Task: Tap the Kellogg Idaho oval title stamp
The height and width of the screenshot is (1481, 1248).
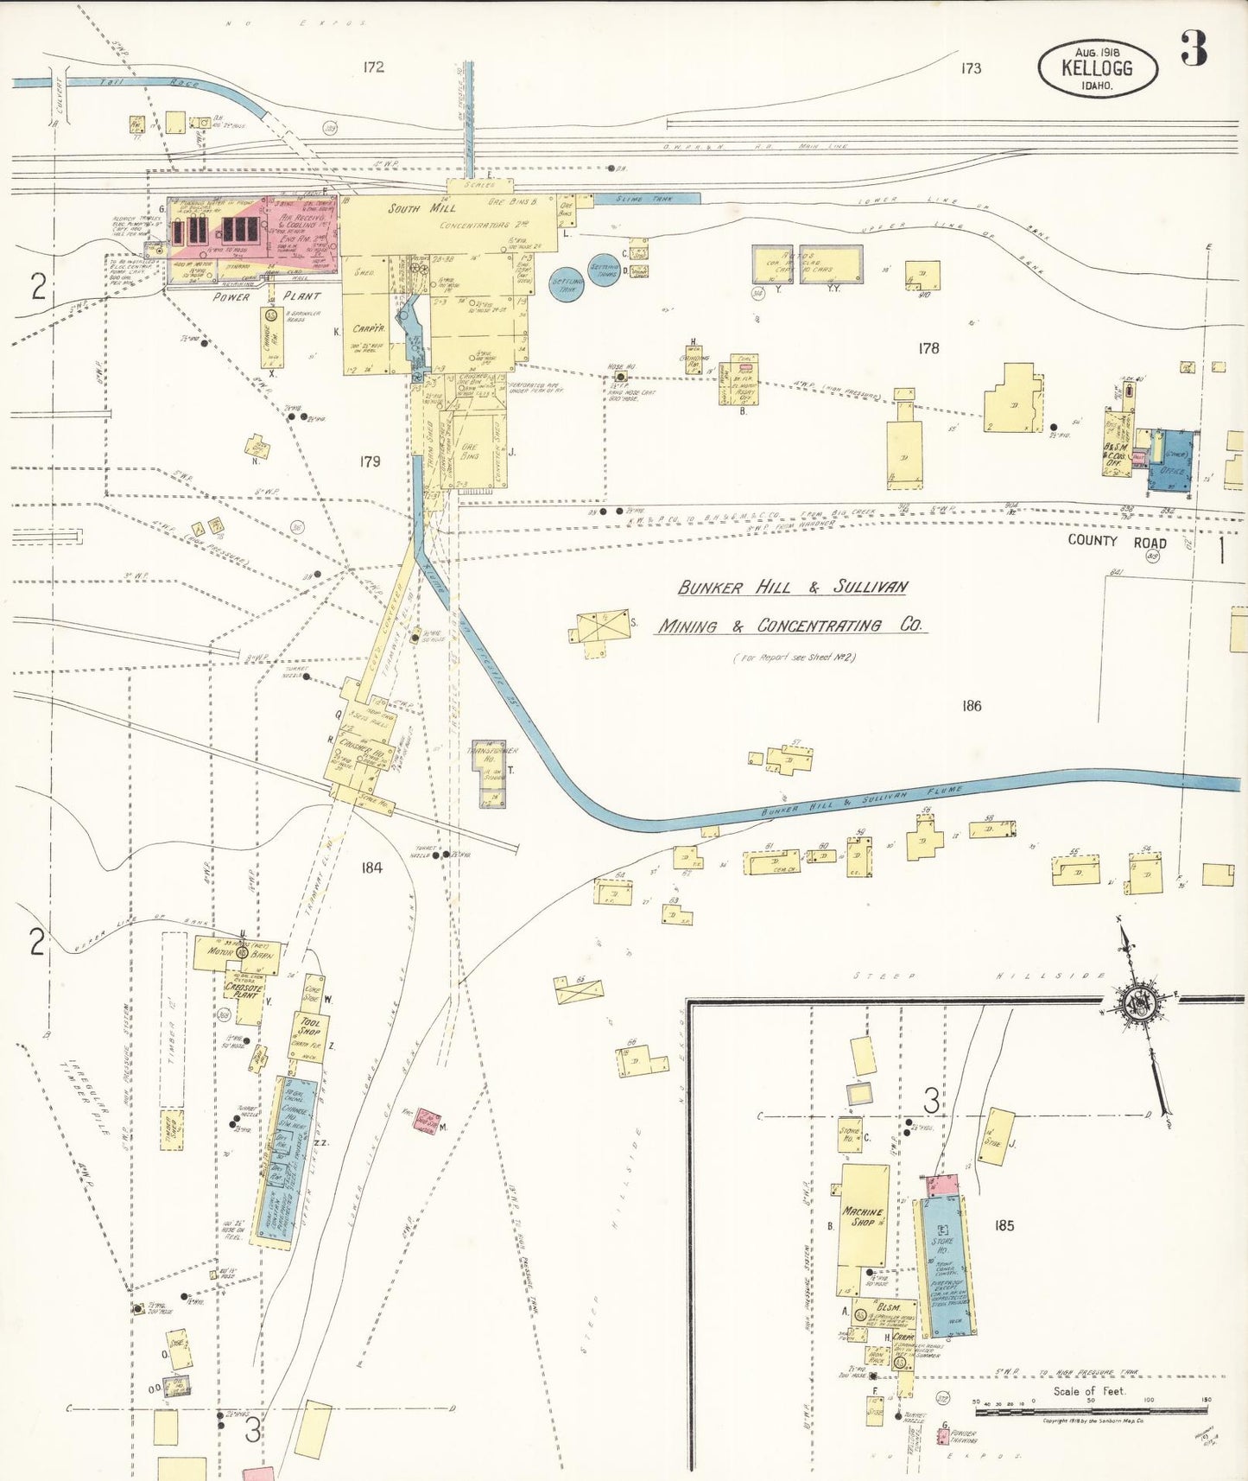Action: [1097, 69]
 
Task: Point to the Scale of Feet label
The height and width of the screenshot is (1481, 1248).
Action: [1089, 1391]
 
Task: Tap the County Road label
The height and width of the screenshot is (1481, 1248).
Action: [1117, 542]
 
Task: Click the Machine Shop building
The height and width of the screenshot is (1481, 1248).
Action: [864, 1217]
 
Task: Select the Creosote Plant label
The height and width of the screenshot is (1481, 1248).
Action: [243, 989]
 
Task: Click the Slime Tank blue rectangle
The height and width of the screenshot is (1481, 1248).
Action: [644, 199]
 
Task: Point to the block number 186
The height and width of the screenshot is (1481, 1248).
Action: [972, 706]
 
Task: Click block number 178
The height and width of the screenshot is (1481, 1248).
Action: [928, 348]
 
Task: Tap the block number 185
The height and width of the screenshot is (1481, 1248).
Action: [1004, 1225]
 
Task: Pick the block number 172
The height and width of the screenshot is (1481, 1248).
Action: [373, 67]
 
